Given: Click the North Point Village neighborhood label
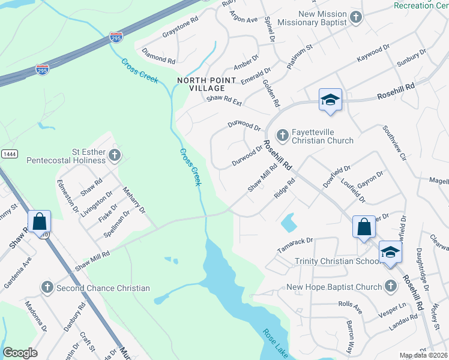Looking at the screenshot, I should point(200,83).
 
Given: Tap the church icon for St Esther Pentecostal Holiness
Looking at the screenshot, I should point(114,157).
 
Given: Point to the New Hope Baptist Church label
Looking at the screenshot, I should point(334,287).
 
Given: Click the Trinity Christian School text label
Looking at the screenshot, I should point(336,261).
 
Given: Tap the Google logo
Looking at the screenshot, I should point(20,353).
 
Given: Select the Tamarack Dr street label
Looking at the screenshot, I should point(295,242).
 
